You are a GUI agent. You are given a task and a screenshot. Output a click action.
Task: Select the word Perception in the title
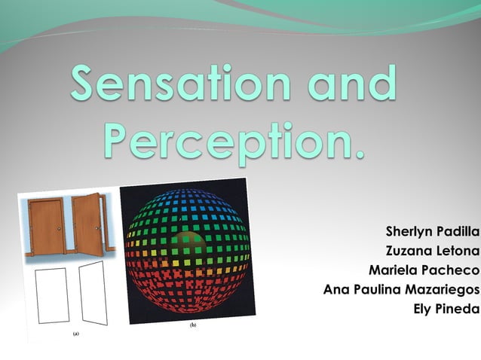(x=219, y=142)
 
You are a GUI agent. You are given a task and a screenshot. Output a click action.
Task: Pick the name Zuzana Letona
(x=432, y=250)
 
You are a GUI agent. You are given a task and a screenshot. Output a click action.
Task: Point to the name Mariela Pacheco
(x=424, y=270)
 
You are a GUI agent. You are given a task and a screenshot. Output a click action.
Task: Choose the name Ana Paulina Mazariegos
(x=401, y=289)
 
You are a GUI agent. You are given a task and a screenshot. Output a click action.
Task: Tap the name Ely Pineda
(x=447, y=309)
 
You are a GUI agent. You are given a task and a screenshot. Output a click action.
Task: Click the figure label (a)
(x=75, y=332)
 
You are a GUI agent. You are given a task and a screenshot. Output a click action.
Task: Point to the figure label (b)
(x=192, y=325)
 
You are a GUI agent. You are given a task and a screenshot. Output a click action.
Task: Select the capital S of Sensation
(x=89, y=85)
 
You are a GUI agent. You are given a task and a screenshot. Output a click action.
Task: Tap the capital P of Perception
(x=120, y=140)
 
